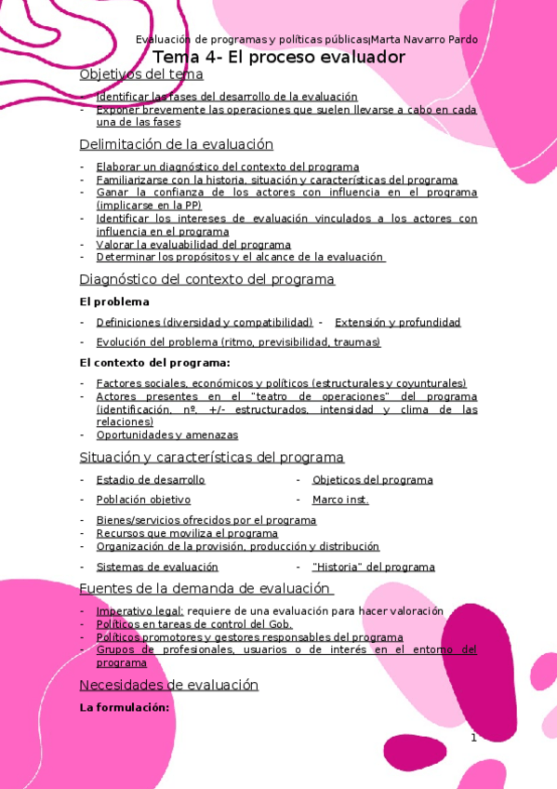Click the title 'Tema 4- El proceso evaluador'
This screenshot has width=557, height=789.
pyautogui.click(x=279, y=57)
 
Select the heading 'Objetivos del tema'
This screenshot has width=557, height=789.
pyautogui.click(x=142, y=74)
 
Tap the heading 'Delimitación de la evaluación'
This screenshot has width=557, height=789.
pyautogui.click(x=177, y=144)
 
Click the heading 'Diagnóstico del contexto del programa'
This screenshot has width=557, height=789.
pyautogui.click(x=207, y=279)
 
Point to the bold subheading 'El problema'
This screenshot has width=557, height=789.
pyautogui.click(x=114, y=302)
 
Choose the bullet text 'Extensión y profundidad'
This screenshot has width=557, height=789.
pyautogui.click(x=397, y=323)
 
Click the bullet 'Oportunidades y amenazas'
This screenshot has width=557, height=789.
pyautogui.click(x=167, y=435)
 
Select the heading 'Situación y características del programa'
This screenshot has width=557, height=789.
pyautogui.click(x=212, y=458)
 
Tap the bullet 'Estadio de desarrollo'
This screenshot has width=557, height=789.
pyautogui.click(x=151, y=480)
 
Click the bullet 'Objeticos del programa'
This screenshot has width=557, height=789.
pyautogui.click(x=372, y=480)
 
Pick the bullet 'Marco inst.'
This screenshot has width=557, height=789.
pyautogui.click(x=340, y=500)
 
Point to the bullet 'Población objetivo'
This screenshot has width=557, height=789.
pyautogui.click(x=143, y=500)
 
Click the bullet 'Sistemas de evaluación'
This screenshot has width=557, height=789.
pyautogui.click(x=157, y=567)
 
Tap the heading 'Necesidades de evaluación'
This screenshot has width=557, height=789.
pyautogui.click(x=169, y=685)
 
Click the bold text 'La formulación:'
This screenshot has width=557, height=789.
pyautogui.click(x=125, y=708)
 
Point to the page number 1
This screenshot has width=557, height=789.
pyautogui.click(x=473, y=739)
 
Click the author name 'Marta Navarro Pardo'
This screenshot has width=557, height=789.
pyautogui.click(x=425, y=39)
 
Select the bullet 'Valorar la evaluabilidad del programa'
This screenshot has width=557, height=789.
pyautogui.click(x=193, y=245)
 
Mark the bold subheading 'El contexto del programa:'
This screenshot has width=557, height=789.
pyautogui.click(x=154, y=363)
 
